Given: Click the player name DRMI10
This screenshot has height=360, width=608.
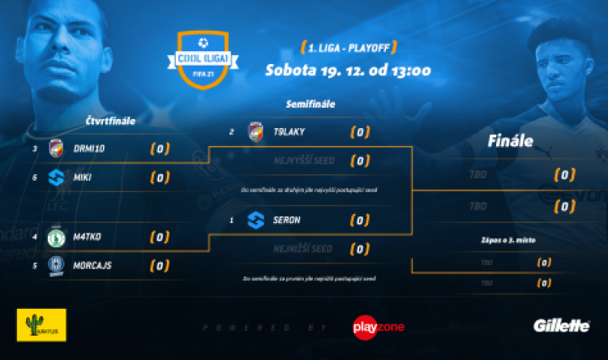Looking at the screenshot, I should tap(89, 148).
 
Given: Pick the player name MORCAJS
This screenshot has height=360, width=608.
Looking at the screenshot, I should tap(93, 264).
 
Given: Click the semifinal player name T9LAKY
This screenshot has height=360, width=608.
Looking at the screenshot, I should tap(289, 131).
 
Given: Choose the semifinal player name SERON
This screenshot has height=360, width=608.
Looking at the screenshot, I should tap(287, 219).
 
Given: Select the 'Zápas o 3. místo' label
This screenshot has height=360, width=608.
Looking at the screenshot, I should tap(511, 241).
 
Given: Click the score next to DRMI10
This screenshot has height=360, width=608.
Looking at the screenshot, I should tap(160, 148).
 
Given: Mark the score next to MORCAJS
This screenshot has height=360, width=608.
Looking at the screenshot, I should tap(160, 264).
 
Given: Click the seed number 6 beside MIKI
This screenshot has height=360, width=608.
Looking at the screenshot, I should tap(35, 177).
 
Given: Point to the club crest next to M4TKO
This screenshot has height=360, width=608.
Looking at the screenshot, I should tap(56, 237).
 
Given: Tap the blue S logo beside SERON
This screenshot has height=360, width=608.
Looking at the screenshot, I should tap(255, 219).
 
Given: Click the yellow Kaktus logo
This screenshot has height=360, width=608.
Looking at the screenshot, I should tap(41, 324).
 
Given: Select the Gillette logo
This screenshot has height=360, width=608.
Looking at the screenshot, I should tap(561, 325).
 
